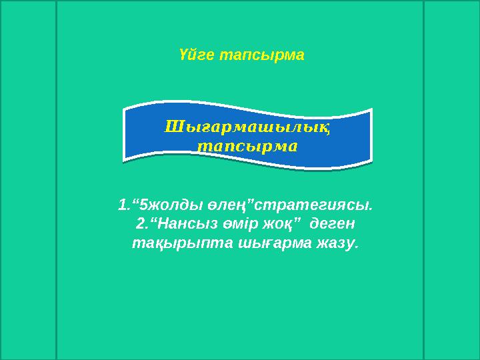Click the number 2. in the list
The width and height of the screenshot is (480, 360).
(x=140, y=222)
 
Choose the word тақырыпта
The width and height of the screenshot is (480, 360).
(x=165, y=243)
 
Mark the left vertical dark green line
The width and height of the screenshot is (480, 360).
(x=56, y=180)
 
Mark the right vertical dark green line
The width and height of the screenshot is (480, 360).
(x=424, y=180)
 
